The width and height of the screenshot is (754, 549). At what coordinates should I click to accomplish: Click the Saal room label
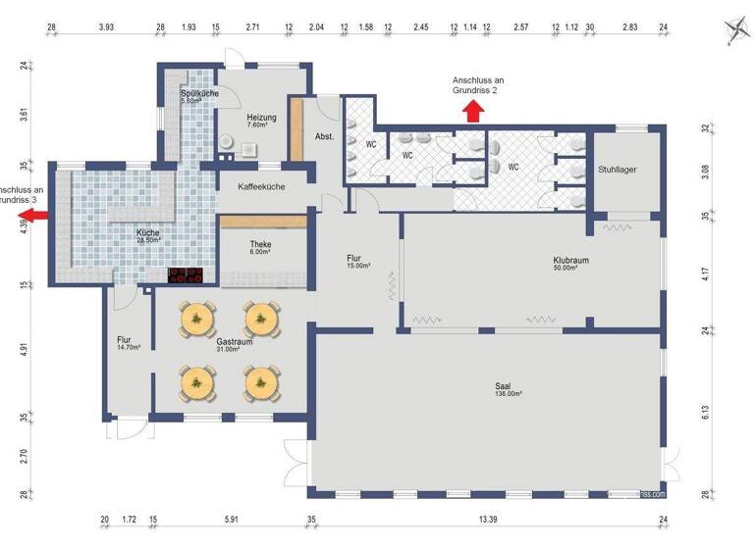[504, 385]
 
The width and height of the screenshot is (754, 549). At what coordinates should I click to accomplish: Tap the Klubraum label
[569, 260]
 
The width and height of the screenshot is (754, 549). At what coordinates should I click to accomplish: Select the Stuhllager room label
[617, 170]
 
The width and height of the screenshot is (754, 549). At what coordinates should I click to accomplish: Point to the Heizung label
[261, 118]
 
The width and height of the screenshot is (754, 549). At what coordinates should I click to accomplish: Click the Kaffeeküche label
[261, 185]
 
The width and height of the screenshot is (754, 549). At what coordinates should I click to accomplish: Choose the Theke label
[260, 244]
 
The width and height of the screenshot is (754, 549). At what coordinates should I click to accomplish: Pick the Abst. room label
[325, 136]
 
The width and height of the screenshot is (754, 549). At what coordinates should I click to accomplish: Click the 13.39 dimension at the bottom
[489, 519]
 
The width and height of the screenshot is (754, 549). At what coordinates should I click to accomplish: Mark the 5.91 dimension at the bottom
[232, 519]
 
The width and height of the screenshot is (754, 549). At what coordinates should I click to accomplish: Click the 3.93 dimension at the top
[107, 28]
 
